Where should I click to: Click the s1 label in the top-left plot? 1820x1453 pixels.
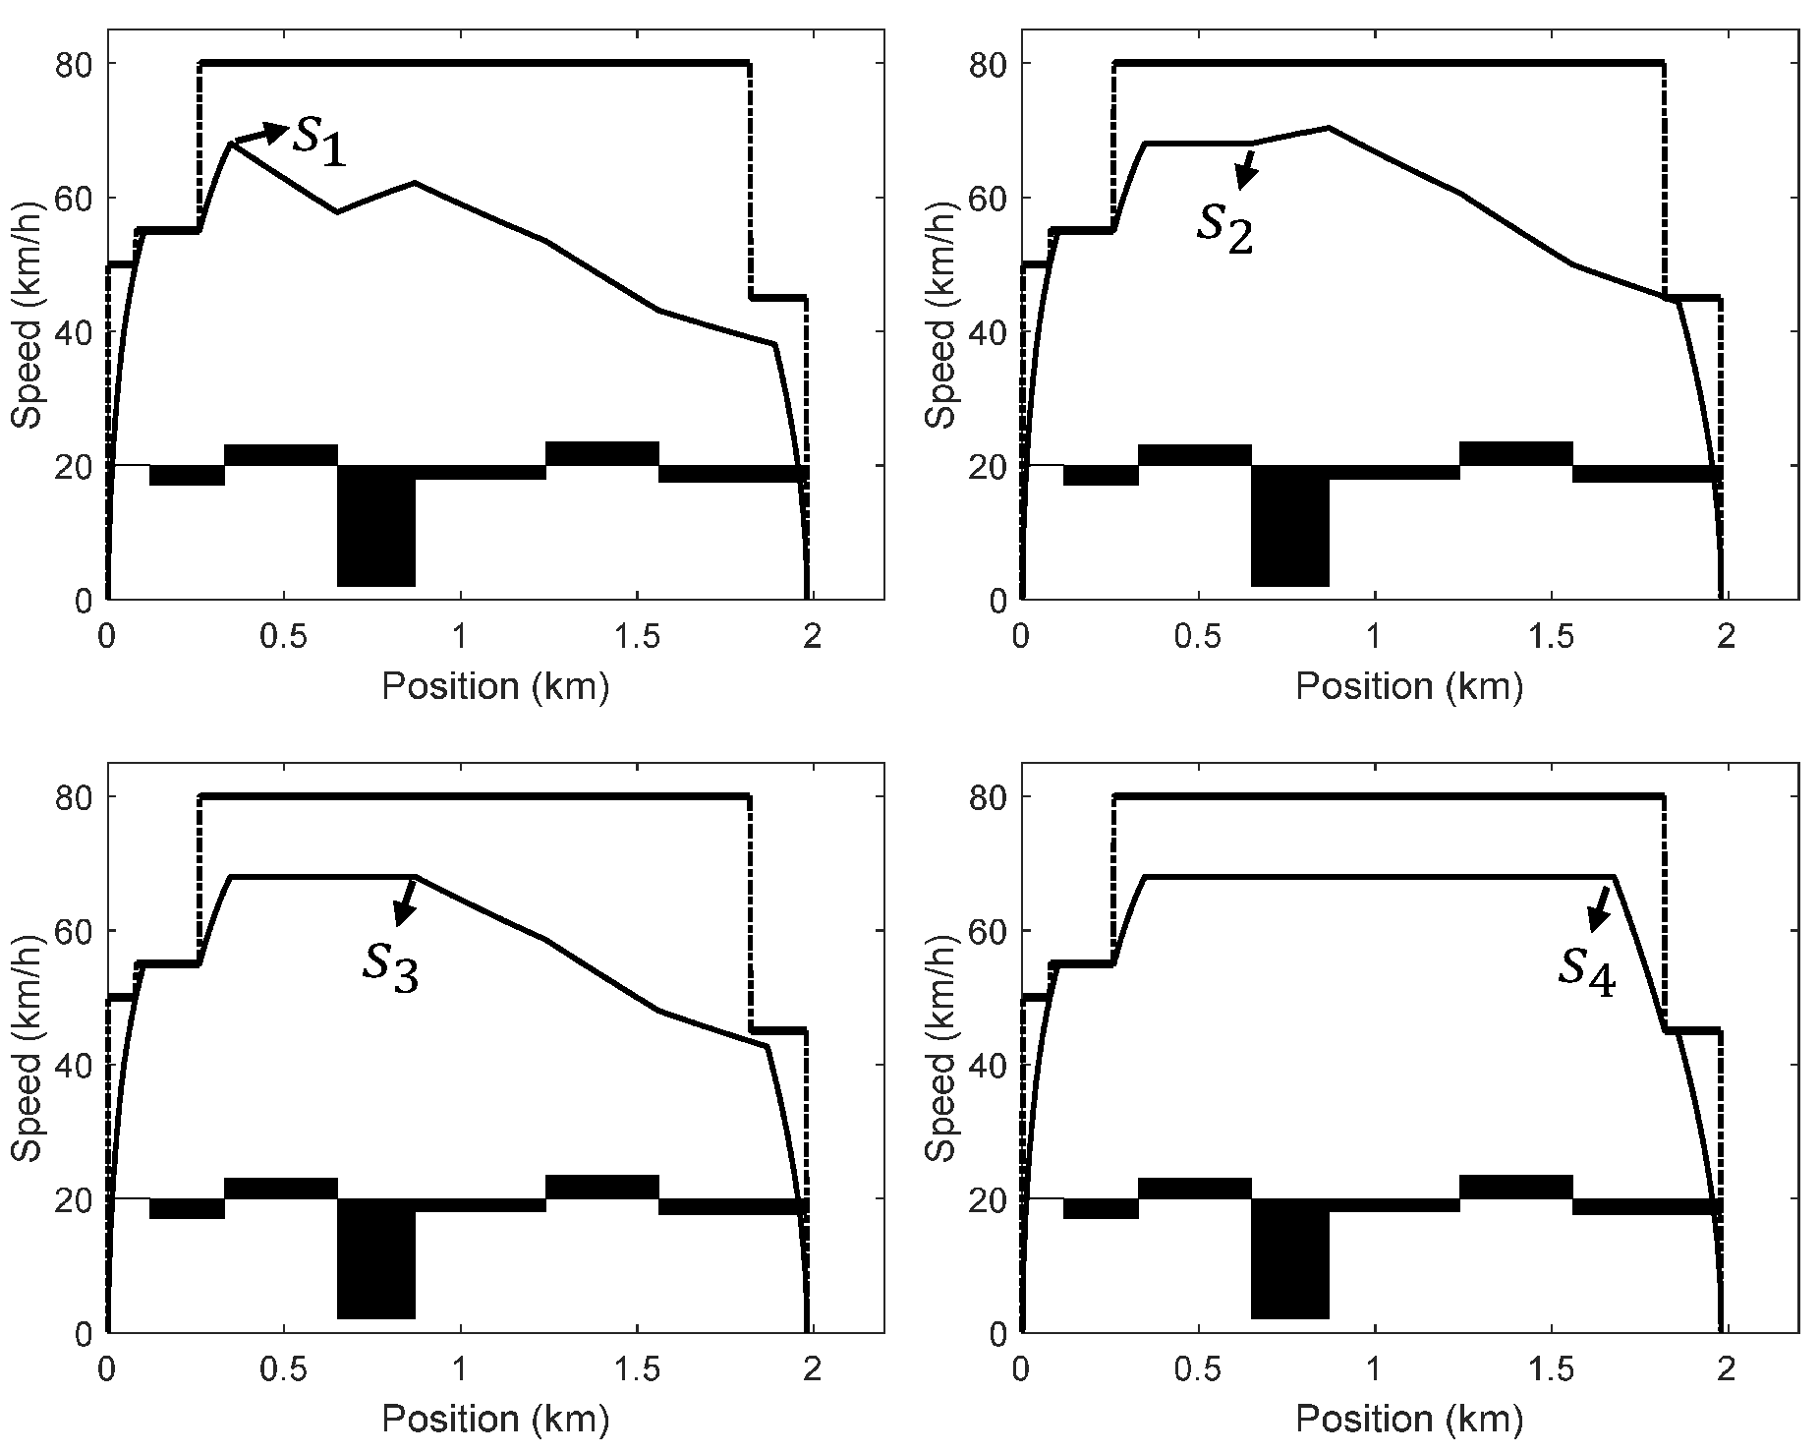(x=320, y=141)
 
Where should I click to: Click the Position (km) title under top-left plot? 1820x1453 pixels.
(x=495, y=685)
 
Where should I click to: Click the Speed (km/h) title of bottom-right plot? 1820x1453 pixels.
(x=941, y=1065)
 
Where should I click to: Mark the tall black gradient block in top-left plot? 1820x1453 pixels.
(x=375, y=526)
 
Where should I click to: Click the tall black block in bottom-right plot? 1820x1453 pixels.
(x=1289, y=1258)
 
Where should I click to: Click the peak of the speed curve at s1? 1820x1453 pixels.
(x=231, y=144)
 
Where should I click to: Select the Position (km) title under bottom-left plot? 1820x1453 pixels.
(x=495, y=1419)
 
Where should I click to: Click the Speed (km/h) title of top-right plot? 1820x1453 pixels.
(x=941, y=331)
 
